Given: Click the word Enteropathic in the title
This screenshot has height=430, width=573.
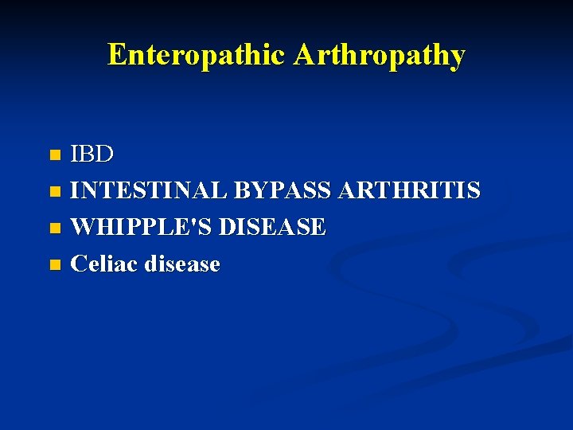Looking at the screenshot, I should tap(197, 55).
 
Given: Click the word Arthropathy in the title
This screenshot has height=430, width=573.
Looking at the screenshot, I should tap(379, 55).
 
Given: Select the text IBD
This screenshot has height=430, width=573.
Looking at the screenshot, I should tap(92, 154).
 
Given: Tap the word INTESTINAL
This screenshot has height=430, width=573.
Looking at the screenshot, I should tap(148, 190).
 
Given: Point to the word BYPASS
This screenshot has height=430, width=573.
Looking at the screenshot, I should tap(283, 190).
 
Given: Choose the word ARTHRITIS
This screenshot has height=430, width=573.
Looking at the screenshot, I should tap(409, 190).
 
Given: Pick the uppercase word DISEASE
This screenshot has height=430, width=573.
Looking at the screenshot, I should tap(272, 227).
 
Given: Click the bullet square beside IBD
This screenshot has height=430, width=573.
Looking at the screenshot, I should tap(54, 154).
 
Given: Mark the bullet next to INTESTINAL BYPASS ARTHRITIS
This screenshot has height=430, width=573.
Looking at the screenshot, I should tap(54, 191).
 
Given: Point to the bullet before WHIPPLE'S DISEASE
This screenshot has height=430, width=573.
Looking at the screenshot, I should tap(54, 228).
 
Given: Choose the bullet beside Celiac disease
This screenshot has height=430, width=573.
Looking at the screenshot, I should tap(54, 264).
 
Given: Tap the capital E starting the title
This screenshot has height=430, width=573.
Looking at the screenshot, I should tap(116, 55).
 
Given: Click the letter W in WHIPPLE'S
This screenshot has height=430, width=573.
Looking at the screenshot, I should tap(82, 227).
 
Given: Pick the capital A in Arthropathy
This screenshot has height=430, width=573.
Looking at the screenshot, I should tap(302, 55).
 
